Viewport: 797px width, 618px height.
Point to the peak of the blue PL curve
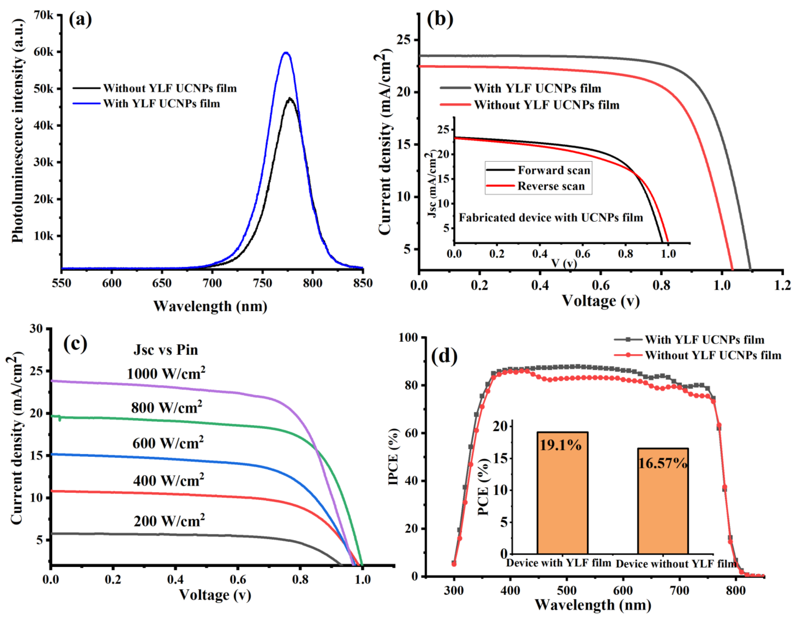pyautogui.click(x=286, y=53)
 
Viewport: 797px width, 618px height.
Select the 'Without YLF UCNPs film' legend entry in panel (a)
pyautogui.click(x=170, y=88)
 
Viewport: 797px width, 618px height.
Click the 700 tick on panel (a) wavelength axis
pyautogui.click(x=212, y=283)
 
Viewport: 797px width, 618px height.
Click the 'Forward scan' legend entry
pyautogui.click(x=554, y=170)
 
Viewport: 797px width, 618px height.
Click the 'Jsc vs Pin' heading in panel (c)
pyautogui.click(x=166, y=350)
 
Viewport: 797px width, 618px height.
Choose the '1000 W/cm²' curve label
pyautogui.click(x=166, y=374)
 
